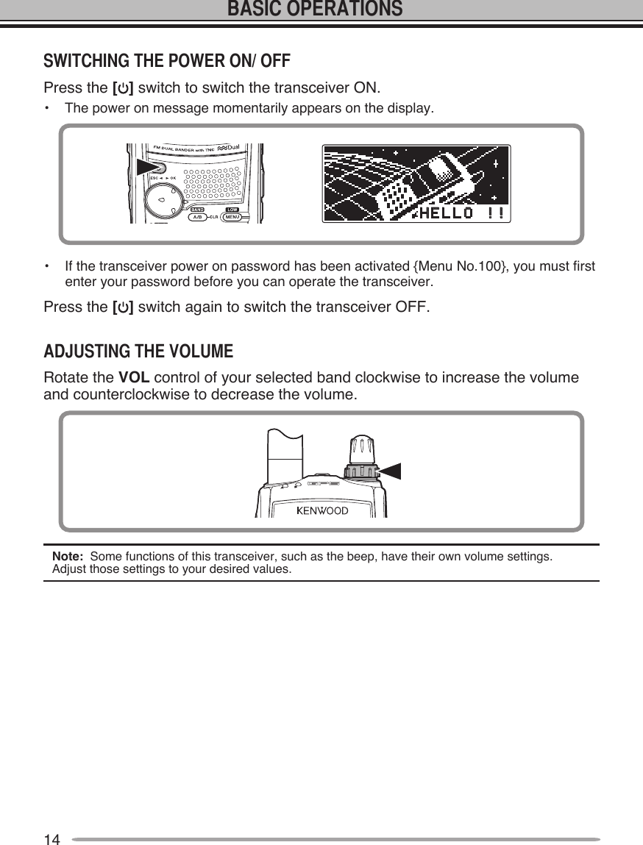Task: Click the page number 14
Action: (x=51, y=839)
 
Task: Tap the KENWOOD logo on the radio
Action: (x=322, y=510)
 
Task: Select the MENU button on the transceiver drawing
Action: (x=232, y=217)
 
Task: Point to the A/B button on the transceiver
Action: (x=197, y=218)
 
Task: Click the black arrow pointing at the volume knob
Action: (x=391, y=471)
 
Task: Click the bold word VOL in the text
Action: (x=135, y=378)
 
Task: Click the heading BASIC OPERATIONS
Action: (x=315, y=10)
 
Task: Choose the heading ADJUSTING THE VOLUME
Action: (x=138, y=352)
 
